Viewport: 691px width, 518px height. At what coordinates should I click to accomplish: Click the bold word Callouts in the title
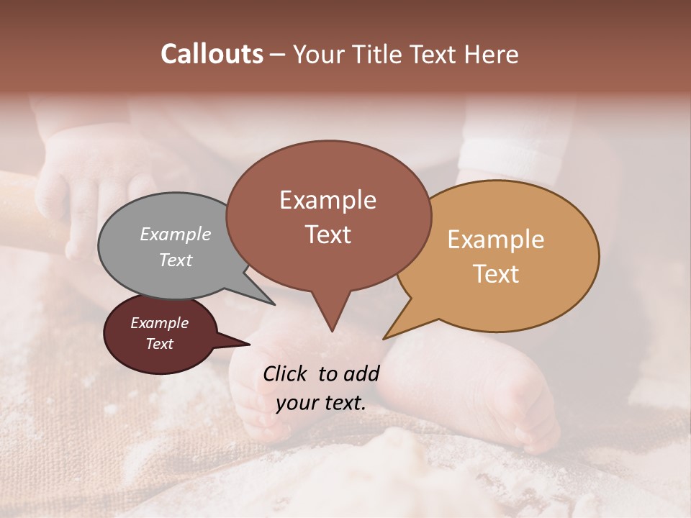tap(212, 55)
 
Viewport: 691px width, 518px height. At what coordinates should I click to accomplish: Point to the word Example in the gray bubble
tap(176, 234)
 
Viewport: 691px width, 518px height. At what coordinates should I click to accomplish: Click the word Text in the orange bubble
tap(497, 274)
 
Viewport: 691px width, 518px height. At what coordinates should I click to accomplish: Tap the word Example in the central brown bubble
tap(328, 200)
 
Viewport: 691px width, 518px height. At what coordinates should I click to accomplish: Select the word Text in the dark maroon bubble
tap(159, 344)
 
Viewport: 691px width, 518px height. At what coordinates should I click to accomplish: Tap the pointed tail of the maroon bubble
tap(241, 344)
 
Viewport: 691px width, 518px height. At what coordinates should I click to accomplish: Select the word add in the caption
tap(361, 373)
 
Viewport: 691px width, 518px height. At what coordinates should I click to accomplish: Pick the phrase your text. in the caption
tap(321, 403)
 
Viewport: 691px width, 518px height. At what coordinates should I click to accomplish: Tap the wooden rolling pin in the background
tap(29, 209)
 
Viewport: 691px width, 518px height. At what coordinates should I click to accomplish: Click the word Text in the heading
tap(434, 55)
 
